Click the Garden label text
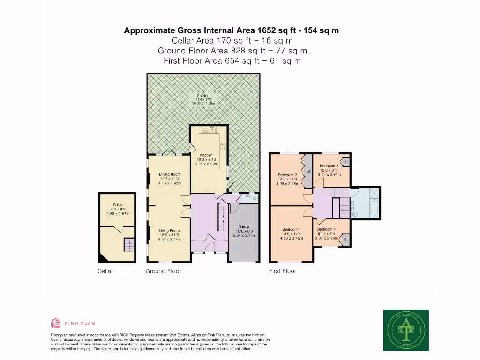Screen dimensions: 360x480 [x=202, y=95]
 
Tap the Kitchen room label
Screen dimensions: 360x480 [x=206, y=155]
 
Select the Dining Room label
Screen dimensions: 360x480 [x=170, y=174]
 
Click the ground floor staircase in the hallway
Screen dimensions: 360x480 [x=224, y=218]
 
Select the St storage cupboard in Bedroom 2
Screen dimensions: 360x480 [x=308, y=172]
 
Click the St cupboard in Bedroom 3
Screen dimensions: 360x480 [x=345, y=162]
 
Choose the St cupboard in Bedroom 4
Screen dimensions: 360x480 [x=345, y=240]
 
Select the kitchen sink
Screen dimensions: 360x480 [x=206, y=130]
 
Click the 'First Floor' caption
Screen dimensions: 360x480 [x=282, y=271]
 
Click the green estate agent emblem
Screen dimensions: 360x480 [x=406, y=330]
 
